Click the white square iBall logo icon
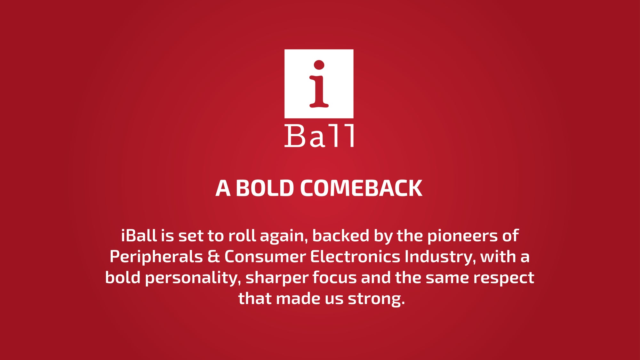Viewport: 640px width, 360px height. [x=319, y=84]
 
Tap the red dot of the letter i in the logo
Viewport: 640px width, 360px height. [x=319, y=65]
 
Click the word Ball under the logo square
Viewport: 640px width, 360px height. [x=319, y=136]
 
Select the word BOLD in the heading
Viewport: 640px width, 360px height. [x=265, y=188]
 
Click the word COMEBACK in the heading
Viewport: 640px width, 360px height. [x=361, y=188]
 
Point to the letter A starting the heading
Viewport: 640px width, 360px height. [x=223, y=188]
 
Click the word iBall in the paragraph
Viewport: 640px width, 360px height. [x=139, y=236]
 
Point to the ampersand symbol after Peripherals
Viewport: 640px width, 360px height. [x=213, y=257]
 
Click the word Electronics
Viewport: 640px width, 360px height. [x=355, y=257]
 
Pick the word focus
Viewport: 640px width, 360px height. [x=334, y=277]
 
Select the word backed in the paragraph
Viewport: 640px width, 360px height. [x=340, y=236]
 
